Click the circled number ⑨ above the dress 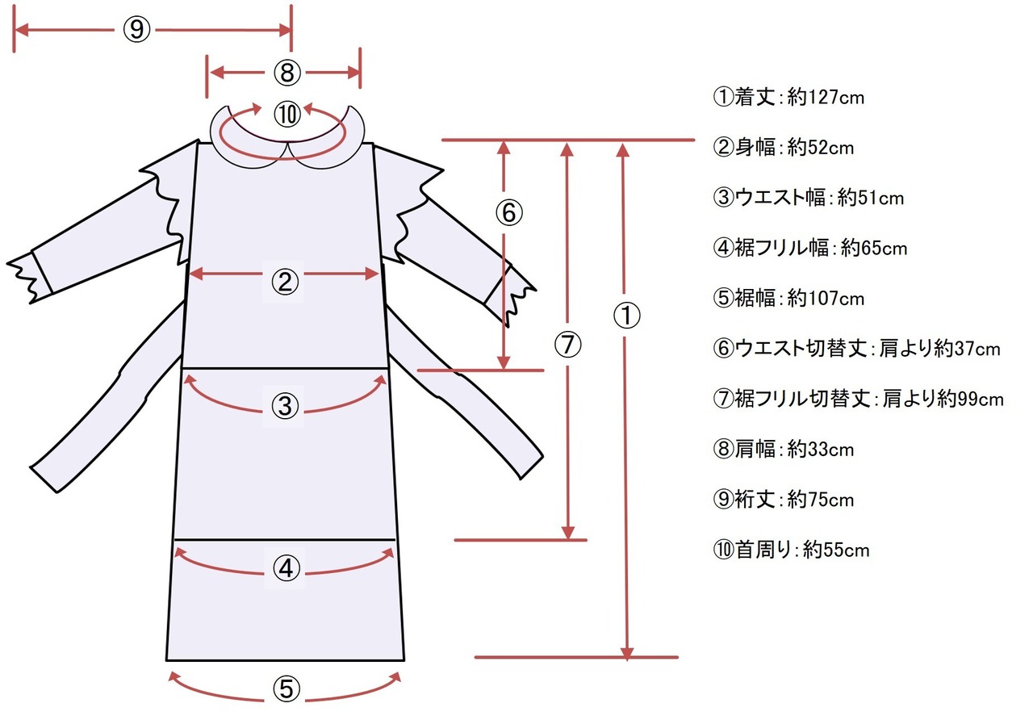tap(136, 30)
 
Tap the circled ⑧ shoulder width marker tap(286, 73)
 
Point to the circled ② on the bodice tap(285, 282)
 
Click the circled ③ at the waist tap(285, 406)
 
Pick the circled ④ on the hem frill tap(286, 567)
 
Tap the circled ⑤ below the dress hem tap(286, 689)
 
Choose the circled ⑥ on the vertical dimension tap(508, 212)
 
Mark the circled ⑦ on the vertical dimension tap(567, 345)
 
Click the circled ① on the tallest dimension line tap(626, 316)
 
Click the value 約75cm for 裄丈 tap(821, 500)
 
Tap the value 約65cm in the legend tap(874, 248)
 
